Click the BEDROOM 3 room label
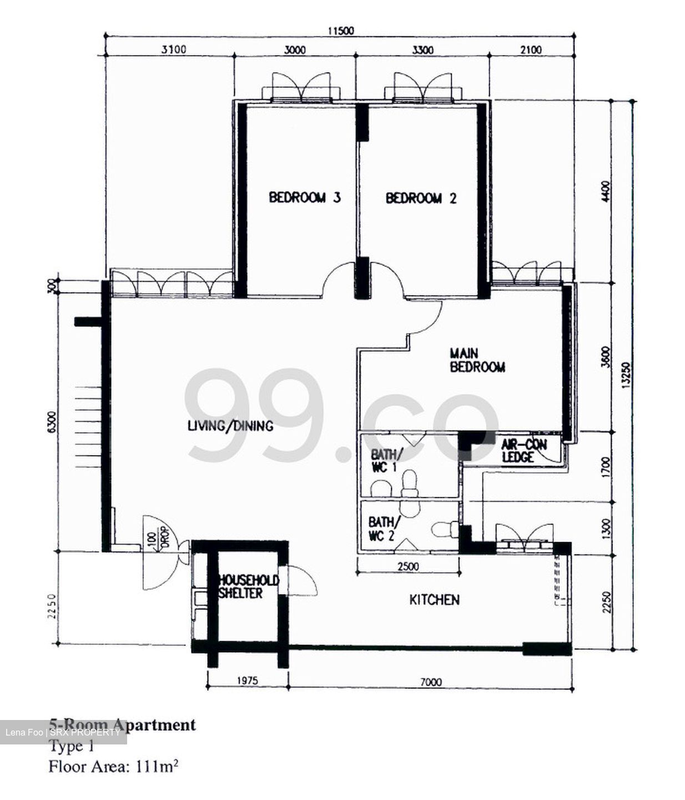pos(304,198)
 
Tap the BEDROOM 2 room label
pos(421,198)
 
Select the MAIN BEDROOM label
pos(477,361)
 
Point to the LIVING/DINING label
pos(230,426)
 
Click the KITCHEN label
pos(434,600)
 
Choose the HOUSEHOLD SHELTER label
pos(248,587)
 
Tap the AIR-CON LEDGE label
pos(523,451)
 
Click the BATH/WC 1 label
pos(384,460)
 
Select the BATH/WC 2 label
pos(382,529)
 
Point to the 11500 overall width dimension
pos(340,31)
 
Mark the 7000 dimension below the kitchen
pos(430,682)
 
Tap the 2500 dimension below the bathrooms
pos(408,567)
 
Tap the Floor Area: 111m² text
pos(113,767)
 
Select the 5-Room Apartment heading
pos(123,724)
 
